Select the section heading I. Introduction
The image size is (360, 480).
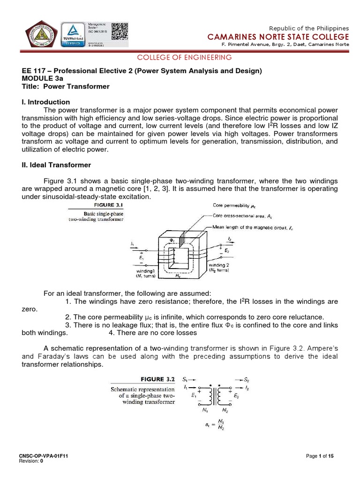coord(46,102)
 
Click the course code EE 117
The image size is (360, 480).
coord(35,71)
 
